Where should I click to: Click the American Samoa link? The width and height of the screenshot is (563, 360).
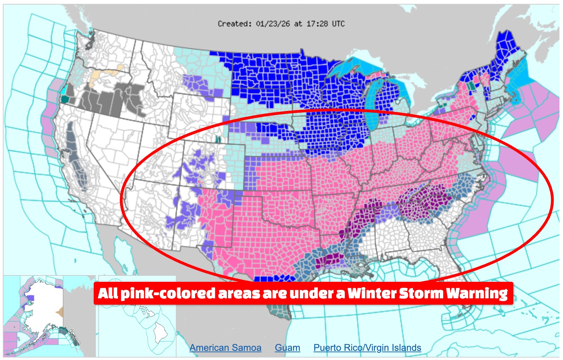(225, 348)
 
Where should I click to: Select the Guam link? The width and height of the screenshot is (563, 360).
(287, 348)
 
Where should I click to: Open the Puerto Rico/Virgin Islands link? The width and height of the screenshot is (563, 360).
(367, 348)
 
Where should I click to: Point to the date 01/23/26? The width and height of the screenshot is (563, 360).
(273, 24)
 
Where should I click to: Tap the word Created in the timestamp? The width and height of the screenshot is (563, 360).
(234, 24)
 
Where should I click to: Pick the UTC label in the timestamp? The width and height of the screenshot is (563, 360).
(338, 24)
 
